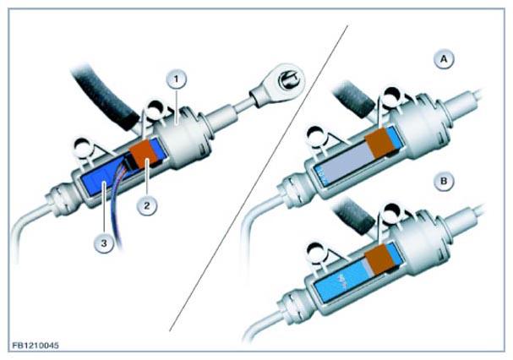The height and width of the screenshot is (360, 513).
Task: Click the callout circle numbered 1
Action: click(176, 79)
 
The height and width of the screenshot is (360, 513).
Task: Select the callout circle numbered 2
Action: click(147, 205)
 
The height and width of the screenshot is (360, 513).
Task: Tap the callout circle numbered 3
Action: click(104, 243)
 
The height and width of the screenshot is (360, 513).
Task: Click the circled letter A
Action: click(444, 59)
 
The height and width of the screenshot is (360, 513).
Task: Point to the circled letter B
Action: click(444, 181)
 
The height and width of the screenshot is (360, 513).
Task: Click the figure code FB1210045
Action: click(35, 346)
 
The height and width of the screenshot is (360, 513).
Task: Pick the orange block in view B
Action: click(379, 259)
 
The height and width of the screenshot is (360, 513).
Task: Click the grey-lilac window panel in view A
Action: click(347, 162)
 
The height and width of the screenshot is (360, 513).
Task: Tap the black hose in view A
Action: click(352, 98)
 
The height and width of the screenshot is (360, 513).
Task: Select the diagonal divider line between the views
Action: click(259, 177)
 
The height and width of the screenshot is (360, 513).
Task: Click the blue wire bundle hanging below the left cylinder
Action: click(117, 210)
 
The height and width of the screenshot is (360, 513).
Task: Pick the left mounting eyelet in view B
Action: click(318, 251)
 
